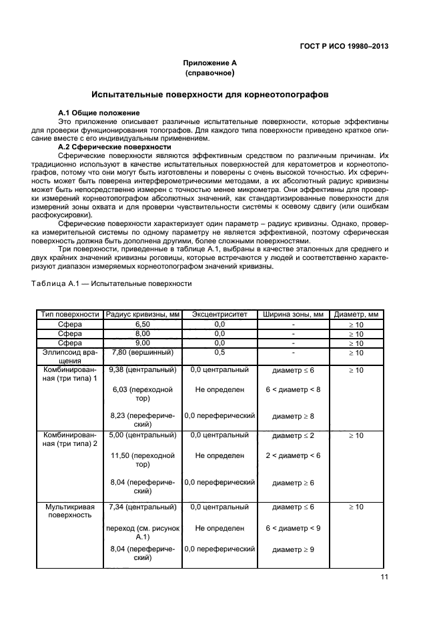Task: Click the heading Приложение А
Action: (x=210, y=63)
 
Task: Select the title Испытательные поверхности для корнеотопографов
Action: (x=210, y=95)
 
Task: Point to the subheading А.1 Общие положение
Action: (x=99, y=113)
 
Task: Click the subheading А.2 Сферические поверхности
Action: (x=114, y=147)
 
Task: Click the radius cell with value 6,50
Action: (x=142, y=324)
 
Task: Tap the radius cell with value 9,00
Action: (x=142, y=343)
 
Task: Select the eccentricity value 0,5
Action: (x=219, y=352)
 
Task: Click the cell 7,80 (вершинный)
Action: (x=142, y=352)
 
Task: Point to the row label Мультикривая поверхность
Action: (x=69, y=511)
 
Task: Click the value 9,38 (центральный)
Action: (x=142, y=369)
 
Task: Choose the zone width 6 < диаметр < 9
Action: (x=293, y=528)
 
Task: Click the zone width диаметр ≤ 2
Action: (x=293, y=435)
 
